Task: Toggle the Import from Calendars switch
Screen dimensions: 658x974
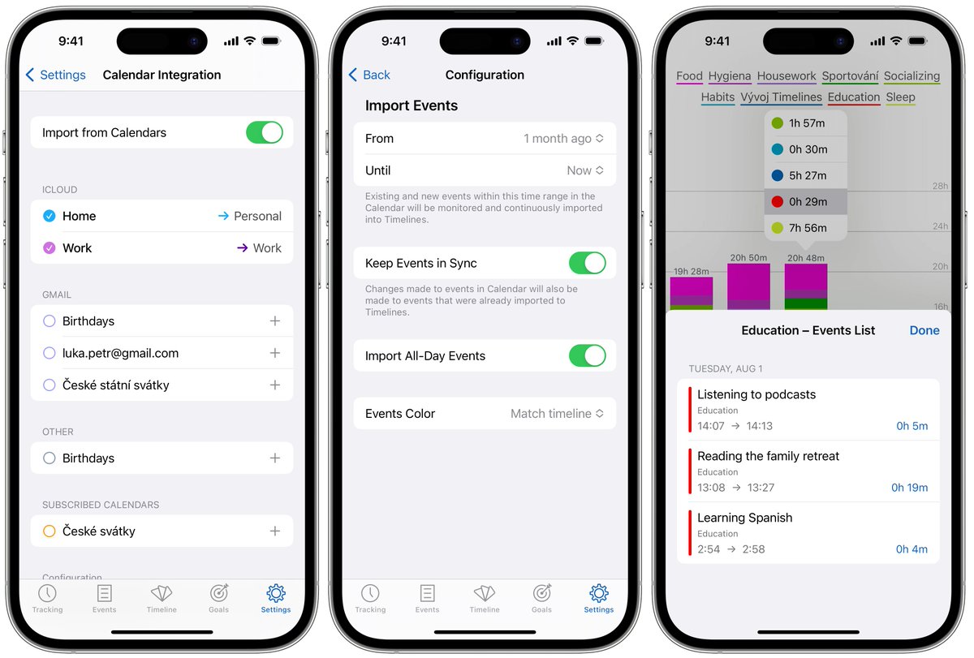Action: pos(264,133)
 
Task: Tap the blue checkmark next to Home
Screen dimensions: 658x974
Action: pos(49,216)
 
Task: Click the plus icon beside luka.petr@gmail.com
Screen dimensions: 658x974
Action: pos(275,353)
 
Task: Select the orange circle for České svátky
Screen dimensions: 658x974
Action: pos(49,531)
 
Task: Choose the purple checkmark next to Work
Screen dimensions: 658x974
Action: pos(49,248)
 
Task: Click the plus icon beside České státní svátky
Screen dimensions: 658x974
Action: pos(275,385)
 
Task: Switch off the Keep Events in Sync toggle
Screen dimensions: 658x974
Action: pos(587,263)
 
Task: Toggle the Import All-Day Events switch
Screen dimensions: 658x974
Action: pos(587,356)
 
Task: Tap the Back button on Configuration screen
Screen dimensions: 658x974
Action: pos(370,75)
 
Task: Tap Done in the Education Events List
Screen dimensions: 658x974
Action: pos(924,330)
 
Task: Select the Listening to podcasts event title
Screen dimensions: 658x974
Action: pos(756,394)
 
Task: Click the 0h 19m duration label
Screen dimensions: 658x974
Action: pos(909,488)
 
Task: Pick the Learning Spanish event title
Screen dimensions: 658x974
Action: pos(744,518)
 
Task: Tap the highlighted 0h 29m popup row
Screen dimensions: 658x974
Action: pos(805,201)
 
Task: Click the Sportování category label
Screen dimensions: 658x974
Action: pos(850,76)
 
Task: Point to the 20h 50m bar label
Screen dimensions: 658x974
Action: pos(748,258)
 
